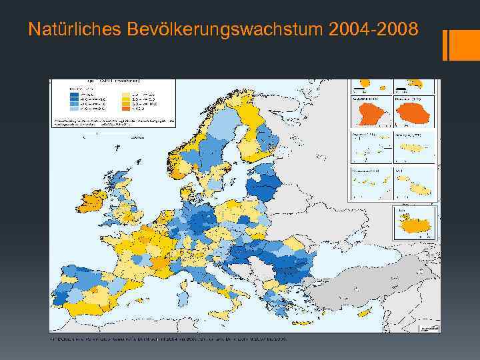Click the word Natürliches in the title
coord(65,30)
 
